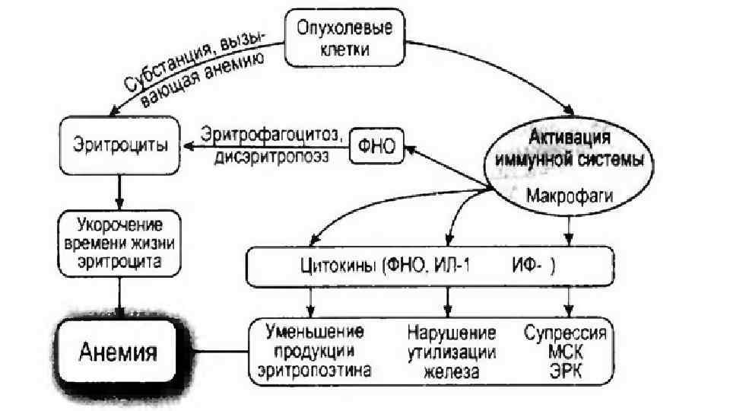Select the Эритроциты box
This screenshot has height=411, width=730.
119,144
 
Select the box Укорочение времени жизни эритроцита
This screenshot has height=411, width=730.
119,243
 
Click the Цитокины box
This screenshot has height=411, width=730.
430,266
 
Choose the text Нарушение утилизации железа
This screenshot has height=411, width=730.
452,352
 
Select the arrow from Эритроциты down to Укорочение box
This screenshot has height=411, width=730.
119,186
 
